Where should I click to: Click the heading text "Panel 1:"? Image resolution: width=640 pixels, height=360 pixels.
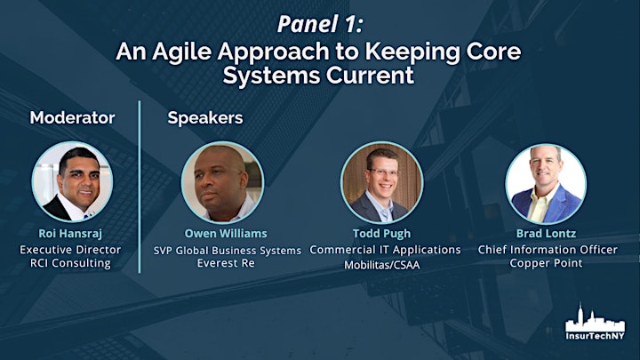click(x=320, y=24)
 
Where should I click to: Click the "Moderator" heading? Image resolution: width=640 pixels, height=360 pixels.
click(x=72, y=117)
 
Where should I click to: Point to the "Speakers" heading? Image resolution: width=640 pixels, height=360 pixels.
click(x=205, y=118)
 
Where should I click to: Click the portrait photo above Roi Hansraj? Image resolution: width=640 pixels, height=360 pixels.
click(x=72, y=182)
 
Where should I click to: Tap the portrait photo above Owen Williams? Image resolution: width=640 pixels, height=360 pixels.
click(x=222, y=182)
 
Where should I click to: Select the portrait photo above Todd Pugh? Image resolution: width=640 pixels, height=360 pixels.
click(x=381, y=182)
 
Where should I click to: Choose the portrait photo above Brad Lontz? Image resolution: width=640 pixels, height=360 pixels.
click(x=546, y=184)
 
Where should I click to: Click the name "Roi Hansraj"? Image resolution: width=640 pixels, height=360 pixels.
click(x=70, y=234)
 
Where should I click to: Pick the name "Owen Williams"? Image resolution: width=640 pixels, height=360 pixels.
click(x=226, y=234)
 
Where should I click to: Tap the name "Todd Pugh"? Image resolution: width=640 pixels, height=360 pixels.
click(x=381, y=234)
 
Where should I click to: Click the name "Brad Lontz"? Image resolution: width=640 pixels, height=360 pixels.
click(x=546, y=234)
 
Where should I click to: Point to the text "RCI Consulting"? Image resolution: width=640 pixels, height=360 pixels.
click(x=70, y=263)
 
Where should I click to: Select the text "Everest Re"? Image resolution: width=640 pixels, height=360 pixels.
click(x=226, y=263)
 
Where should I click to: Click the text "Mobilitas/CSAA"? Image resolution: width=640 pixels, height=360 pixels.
click(x=381, y=265)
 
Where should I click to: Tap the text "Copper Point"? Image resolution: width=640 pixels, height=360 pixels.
click(x=546, y=263)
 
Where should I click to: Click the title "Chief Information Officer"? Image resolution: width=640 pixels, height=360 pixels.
click(x=548, y=250)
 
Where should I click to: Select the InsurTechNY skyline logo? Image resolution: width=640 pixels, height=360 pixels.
click(x=595, y=322)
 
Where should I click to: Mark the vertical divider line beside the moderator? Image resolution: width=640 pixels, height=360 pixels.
click(x=140, y=187)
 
